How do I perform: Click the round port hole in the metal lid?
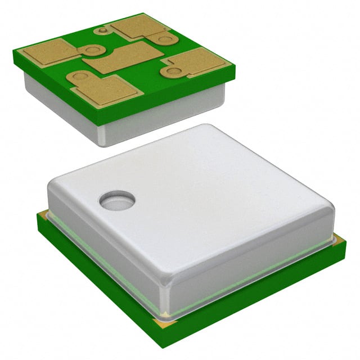coord(118,201)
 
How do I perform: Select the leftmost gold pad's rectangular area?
coord(47,52)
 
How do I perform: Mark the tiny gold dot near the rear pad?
coord(102,30)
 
